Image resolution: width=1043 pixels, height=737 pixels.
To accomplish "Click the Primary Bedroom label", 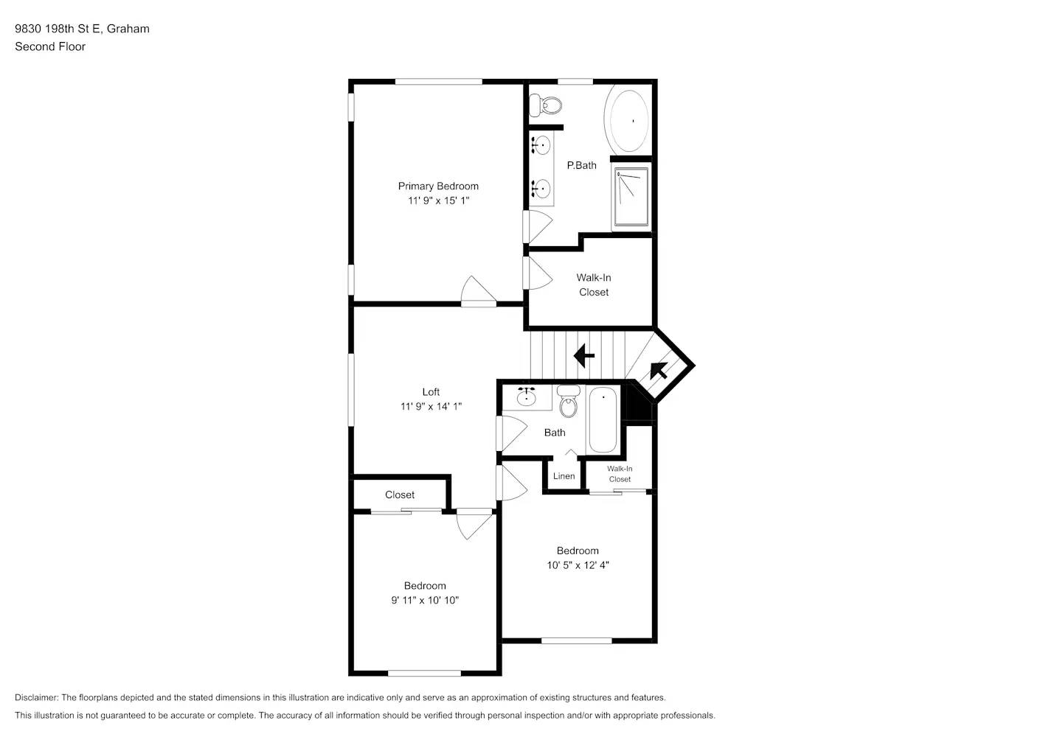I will click(438, 186).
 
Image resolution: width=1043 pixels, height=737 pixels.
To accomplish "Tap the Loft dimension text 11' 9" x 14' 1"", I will click(431, 406).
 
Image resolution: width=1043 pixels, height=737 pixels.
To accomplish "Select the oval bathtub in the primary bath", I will click(627, 121).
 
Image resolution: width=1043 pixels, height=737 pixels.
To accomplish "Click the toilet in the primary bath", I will click(547, 106).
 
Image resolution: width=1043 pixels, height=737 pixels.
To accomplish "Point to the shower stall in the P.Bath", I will click(631, 197).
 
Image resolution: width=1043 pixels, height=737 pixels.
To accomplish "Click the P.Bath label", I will click(581, 165).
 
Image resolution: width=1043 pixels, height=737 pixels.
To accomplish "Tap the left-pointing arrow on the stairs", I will click(583, 355).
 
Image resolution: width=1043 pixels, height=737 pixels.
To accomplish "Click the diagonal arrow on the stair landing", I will click(658, 370).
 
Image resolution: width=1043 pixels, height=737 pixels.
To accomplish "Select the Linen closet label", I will click(564, 476).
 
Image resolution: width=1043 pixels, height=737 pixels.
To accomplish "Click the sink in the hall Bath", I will click(526, 398).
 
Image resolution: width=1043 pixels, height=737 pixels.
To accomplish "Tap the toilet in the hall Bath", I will click(568, 402).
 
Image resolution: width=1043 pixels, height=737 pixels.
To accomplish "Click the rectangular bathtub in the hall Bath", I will click(603, 421).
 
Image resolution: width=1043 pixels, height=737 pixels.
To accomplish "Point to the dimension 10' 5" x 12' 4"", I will click(578, 565).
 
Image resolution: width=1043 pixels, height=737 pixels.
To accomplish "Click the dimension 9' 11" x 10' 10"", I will click(425, 600).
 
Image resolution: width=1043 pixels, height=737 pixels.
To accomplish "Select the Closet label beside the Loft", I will click(400, 495).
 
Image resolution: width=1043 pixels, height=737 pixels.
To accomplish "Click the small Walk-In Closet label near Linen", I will click(620, 474).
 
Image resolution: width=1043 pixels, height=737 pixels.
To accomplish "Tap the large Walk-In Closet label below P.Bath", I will click(594, 284).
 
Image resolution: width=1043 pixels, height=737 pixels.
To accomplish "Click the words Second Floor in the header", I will click(50, 46).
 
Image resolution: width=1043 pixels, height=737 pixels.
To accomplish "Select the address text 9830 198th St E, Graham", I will click(82, 29).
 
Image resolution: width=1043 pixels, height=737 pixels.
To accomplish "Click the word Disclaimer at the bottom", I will click(36, 697).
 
